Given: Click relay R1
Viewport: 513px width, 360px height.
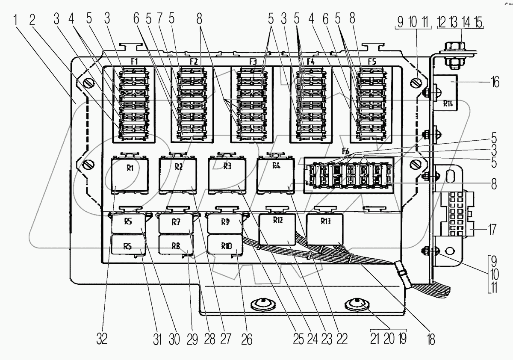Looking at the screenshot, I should click(129, 175).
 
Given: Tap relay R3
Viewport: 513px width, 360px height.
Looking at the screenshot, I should click(227, 173).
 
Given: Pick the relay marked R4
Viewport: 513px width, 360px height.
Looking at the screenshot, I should click(276, 173).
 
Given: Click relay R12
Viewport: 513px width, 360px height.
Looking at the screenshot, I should click(278, 229).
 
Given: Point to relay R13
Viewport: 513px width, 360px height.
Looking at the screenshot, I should click(326, 229).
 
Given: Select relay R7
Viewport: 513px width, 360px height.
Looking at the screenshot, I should click(176, 223).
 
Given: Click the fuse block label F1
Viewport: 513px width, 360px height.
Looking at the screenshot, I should click(134, 62).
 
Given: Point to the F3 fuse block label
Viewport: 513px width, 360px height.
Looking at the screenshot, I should click(253, 62).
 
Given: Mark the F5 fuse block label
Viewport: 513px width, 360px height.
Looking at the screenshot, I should click(372, 62).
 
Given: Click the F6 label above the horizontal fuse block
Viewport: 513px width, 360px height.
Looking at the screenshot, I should click(345, 150).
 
